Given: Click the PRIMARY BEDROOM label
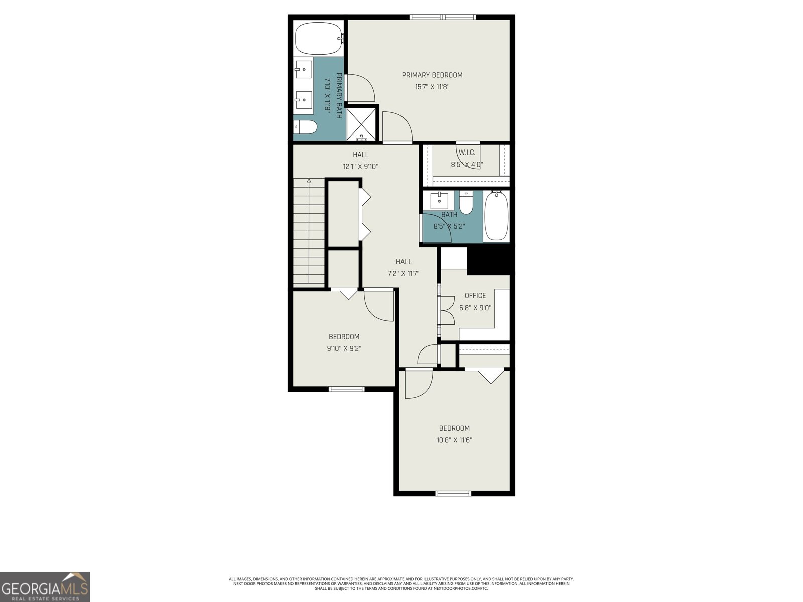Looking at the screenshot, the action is (x=432, y=75).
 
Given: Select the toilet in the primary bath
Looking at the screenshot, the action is (x=305, y=127).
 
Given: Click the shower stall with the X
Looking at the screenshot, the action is (x=361, y=123).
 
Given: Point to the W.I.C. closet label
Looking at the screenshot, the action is (x=467, y=152).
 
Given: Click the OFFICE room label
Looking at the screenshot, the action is (x=475, y=295).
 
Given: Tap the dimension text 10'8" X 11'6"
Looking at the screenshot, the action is (x=454, y=440).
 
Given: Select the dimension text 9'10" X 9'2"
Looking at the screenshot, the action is (x=344, y=348).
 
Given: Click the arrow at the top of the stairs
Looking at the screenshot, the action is (x=309, y=181).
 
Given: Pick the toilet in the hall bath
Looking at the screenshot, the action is (x=466, y=203).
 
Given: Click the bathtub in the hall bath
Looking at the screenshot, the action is (x=496, y=216).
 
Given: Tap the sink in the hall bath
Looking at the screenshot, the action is (x=439, y=200).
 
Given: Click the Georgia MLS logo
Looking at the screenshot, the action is (x=45, y=586).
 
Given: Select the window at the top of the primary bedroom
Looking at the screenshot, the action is (x=443, y=17).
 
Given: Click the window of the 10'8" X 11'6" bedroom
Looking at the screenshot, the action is (x=454, y=494).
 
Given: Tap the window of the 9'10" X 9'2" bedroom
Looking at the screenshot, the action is (x=346, y=389).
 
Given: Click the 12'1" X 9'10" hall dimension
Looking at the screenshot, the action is (x=361, y=167).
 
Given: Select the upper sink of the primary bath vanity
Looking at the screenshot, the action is (x=304, y=69).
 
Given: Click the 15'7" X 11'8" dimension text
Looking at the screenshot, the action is (x=432, y=87).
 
